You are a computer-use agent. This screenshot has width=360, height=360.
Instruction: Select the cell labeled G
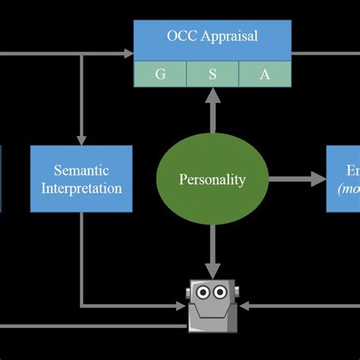[x=160, y=74]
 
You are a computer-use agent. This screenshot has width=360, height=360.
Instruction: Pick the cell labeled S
[x=213, y=74]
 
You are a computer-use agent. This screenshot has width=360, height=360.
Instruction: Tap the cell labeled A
[x=264, y=74]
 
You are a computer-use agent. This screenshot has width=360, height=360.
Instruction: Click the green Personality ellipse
[x=212, y=180]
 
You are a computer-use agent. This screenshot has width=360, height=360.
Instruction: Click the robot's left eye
[x=203, y=292]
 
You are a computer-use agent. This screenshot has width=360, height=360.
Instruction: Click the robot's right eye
[x=220, y=292]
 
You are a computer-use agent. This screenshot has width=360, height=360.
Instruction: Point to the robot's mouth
[x=212, y=305]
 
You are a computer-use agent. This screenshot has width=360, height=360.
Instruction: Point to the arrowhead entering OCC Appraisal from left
[x=128, y=53]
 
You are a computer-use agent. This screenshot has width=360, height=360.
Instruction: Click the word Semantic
[x=81, y=170]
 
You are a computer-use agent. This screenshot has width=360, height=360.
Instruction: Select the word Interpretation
[x=81, y=188]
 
